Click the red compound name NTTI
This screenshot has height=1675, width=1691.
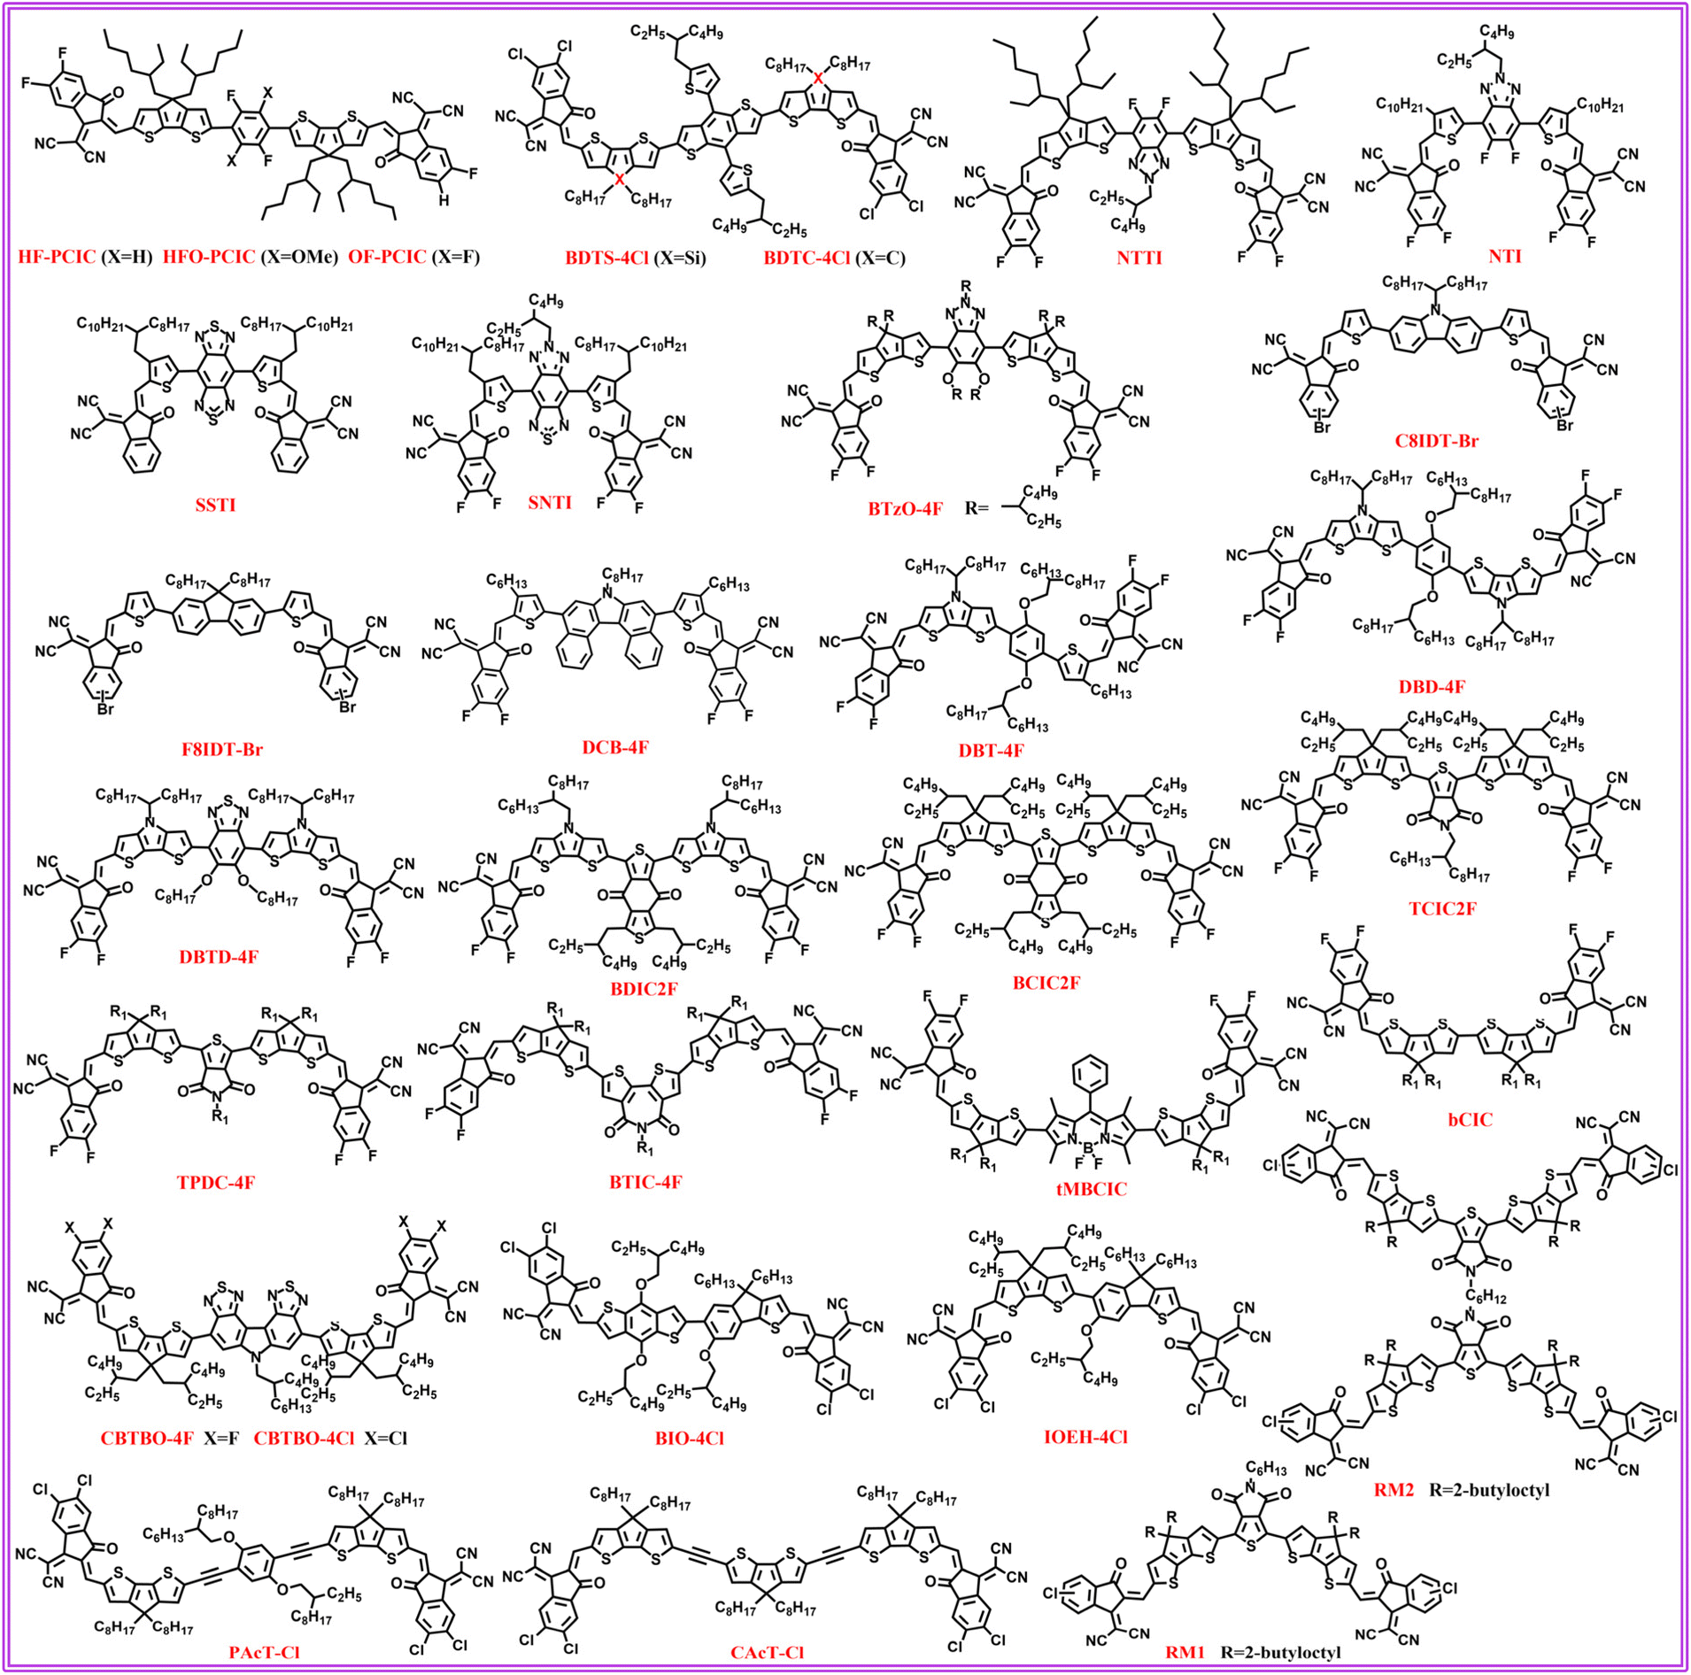click(x=1139, y=259)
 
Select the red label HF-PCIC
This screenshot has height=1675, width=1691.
click(x=58, y=258)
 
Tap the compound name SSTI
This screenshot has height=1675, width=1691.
click(x=215, y=506)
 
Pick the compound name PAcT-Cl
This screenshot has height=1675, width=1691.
click(x=264, y=1652)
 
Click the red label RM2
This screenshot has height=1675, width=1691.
click(x=1394, y=1490)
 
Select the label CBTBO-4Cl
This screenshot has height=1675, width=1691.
click(x=305, y=1438)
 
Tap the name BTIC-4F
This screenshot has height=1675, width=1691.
click(x=645, y=1182)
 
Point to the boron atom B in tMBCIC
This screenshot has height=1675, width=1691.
click(x=1089, y=1146)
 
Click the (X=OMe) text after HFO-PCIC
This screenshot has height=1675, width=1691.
click(x=297, y=258)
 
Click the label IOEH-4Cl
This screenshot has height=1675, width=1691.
click(x=1085, y=1437)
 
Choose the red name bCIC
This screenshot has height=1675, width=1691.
click(x=1471, y=1119)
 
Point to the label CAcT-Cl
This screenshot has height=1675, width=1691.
click(x=767, y=1652)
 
